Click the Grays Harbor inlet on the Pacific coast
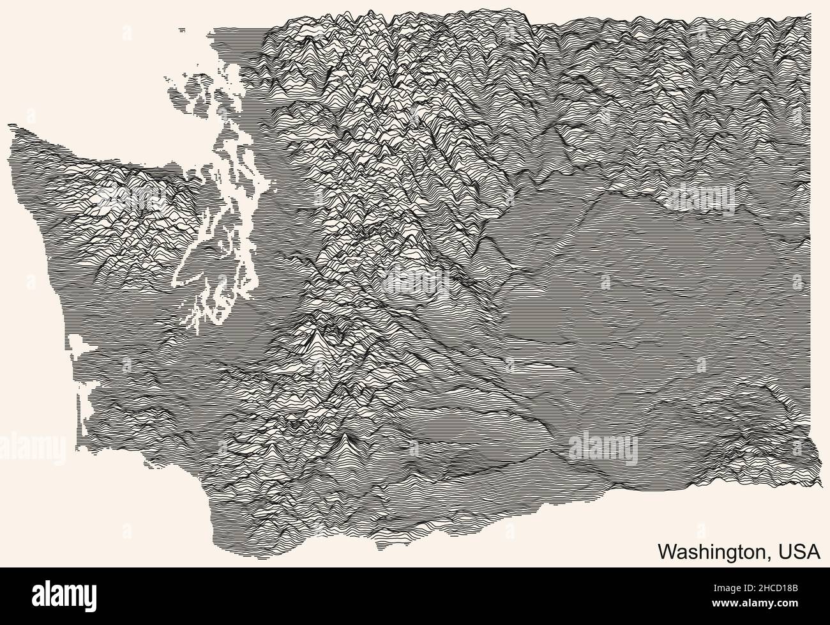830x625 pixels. click(80, 345)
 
